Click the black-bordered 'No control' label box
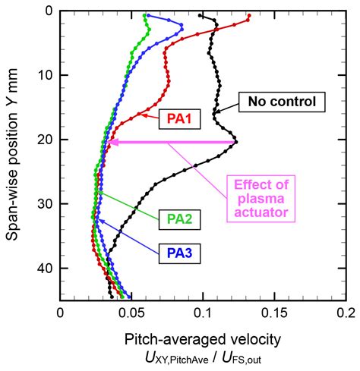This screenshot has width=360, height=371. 282,102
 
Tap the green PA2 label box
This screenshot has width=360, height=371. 179,220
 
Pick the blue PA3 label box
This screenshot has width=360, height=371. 179,252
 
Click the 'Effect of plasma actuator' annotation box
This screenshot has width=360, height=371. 261,198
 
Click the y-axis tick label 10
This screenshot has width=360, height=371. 43,75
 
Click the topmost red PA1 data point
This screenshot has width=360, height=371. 247,21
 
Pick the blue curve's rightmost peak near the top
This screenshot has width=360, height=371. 182,29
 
